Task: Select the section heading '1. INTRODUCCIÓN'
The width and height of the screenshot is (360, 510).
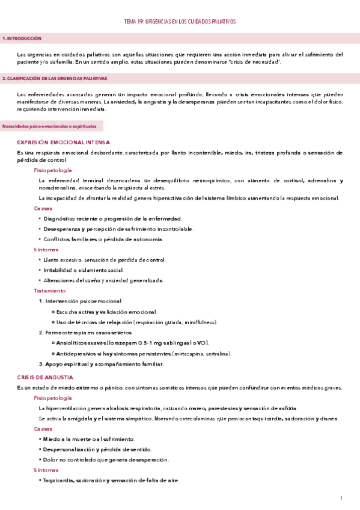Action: click(x=22, y=38)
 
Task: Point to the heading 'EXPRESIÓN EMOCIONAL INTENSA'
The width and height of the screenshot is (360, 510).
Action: click(x=64, y=143)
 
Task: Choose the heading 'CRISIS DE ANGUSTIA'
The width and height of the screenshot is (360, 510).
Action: click(x=45, y=377)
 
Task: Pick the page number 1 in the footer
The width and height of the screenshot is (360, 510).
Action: click(x=341, y=498)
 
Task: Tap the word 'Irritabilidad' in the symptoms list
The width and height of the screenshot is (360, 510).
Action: click(x=59, y=270)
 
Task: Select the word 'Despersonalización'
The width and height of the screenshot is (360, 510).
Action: click(x=67, y=449)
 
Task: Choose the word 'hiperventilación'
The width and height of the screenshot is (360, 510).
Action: click(x=67, y=408)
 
